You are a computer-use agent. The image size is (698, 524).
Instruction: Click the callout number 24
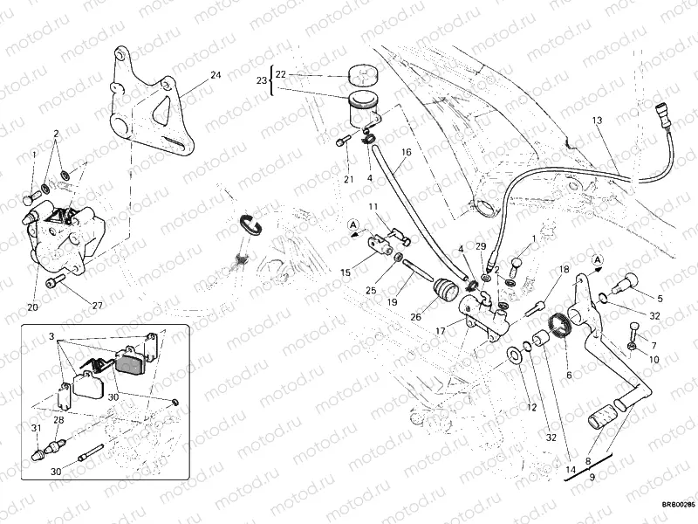(216, 75)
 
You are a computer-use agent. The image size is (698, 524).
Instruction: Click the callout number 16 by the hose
(406, 154)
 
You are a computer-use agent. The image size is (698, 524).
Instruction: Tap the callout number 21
(348, 179)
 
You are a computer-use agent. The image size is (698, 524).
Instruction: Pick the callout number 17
(441, 332)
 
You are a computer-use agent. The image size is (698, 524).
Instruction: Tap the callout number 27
(96, 306)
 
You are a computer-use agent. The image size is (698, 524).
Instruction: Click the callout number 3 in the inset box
(51, 336)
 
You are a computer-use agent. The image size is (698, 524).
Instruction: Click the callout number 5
(660, 299)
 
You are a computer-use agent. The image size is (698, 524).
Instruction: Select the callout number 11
(372, 207)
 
